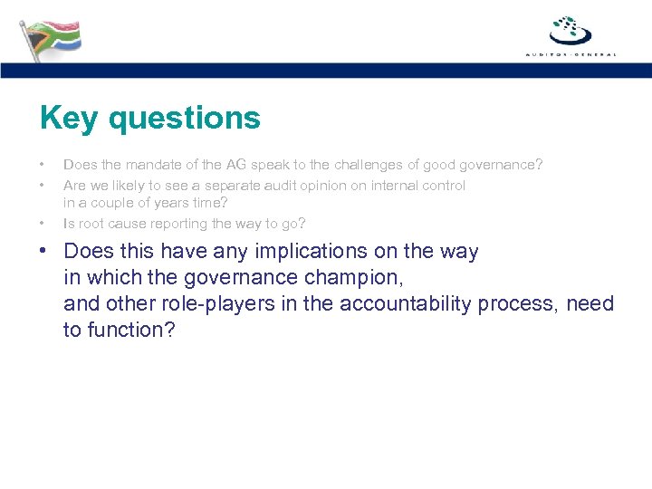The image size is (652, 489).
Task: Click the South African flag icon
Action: (51, 38)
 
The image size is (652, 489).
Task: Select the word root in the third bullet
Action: (89, 223)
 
